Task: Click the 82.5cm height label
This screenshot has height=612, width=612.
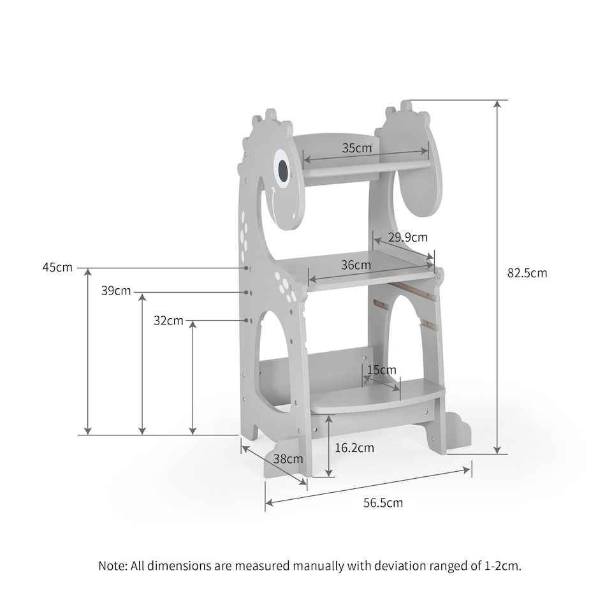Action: (x=527, y=273)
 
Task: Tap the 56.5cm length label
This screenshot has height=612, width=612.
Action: (x=383, y=502)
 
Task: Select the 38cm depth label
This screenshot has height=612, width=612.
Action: (x=288, y=458)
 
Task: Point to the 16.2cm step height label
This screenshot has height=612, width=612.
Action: (x=354, y=448)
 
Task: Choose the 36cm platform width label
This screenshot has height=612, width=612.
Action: (x=356, y=265)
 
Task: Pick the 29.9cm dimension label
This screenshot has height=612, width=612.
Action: (x=409, y=237)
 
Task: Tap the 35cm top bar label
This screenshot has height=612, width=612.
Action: (x=356, y=148)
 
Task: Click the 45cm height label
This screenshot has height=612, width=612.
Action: (x=57, y=267)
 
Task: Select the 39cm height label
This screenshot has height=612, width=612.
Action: (x=116, y=291)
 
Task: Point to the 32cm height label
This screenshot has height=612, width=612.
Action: (x=168, y=320)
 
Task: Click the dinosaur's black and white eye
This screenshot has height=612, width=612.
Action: (x=282, y=167)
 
